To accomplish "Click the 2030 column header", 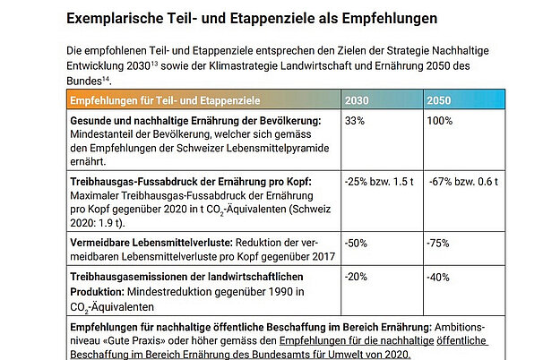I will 358,99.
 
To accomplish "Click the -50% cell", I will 357,242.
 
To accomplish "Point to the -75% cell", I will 440,242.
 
